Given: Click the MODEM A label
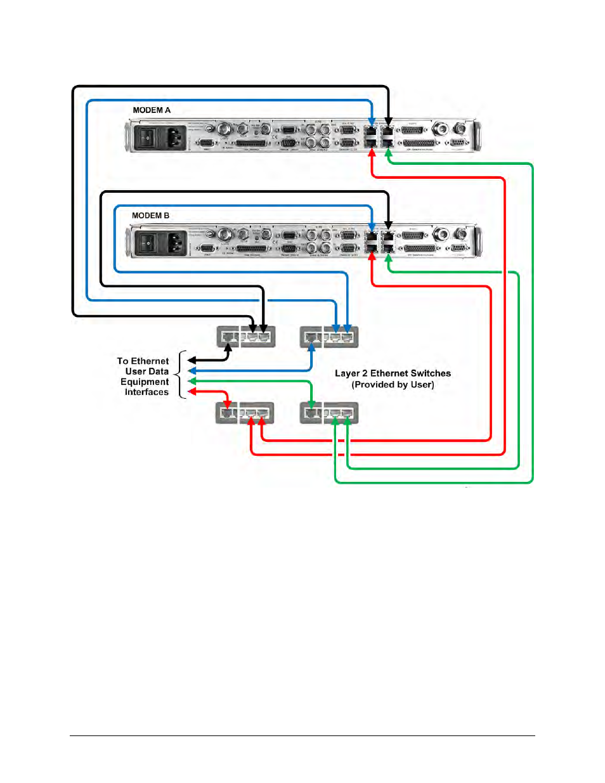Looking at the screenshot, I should [x=152, y=110].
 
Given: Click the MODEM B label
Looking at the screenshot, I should [x=150, y=216].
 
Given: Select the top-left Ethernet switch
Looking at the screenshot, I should [x=246, y=337].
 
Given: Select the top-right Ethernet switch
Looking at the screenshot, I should [x=329, y=337].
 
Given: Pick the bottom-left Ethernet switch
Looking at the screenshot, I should [x=246, y=413].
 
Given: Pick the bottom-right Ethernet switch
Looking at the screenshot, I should [x=329, y=413].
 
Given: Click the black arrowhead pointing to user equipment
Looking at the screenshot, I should [x=192, y=361].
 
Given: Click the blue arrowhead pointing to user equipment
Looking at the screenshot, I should [x=192, y=371].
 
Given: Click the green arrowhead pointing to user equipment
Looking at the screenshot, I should [x=192, y=381].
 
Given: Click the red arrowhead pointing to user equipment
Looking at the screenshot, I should [x=192, y=391].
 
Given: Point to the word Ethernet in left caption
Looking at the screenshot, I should [x=150, y=361].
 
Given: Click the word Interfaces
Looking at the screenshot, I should [x=146, y=392].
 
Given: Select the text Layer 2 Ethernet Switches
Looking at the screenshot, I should [x=393, y=373].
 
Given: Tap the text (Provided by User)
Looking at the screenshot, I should [x=393, y=385].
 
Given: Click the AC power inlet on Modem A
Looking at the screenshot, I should [x=175, y=137].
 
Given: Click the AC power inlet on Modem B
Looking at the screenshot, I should [x=175, y=242].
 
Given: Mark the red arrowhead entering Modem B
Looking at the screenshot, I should [x=372, y=259].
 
